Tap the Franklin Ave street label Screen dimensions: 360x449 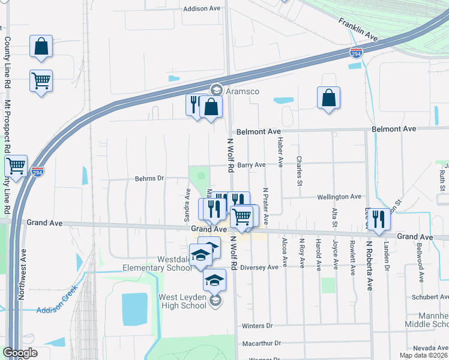pyautogui.click(x=358, y=29)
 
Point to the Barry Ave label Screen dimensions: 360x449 pyautogui.click(x=251, y=165)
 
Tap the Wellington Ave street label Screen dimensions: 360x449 pyautogui.click(x=340, y=196)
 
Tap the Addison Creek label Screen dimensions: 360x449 pyautogui.click(x=58, y=308)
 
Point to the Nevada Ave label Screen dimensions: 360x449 pyautogui.click(x=430, y=348)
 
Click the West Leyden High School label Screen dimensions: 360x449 pyautogui.click(x=182, y=301)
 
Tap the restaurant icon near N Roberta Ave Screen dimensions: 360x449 pyautogui.click(x=378, y=219)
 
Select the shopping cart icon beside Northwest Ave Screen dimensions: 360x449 pyautogui.click(x=16, y=166)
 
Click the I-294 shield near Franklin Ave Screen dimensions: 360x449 pyautogui.click(x=357, y=53)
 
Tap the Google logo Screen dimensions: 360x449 pyautogui.click(x=20, y=353)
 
